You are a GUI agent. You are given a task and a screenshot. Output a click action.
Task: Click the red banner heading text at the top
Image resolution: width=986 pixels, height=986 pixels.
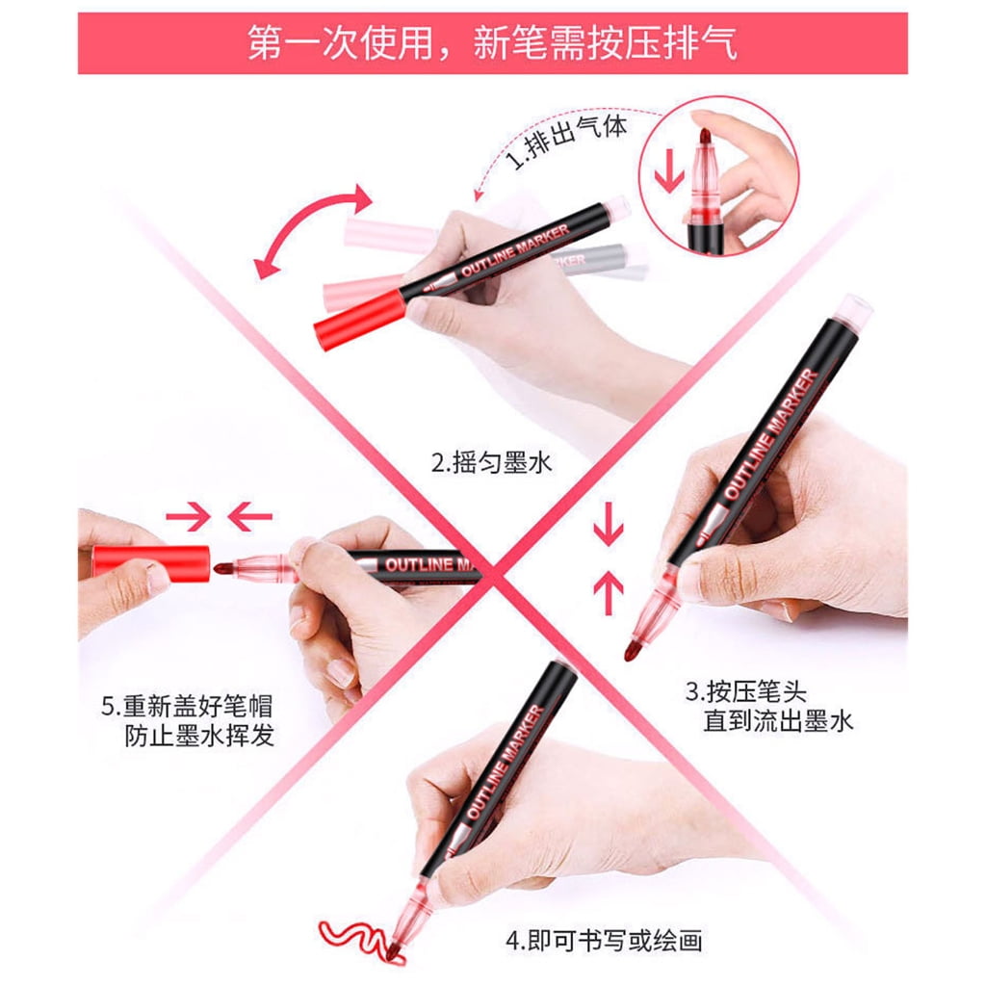pos(492,42)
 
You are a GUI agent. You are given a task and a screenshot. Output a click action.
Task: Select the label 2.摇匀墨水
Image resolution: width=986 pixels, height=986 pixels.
pos(491,463)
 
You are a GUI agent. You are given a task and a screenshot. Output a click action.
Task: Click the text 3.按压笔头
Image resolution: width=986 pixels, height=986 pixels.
pos(746,691)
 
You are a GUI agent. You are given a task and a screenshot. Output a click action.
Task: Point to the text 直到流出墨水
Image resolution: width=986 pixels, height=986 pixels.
pos(778,720)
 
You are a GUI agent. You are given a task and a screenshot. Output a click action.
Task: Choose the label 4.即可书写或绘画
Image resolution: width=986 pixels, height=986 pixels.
pos(604,941)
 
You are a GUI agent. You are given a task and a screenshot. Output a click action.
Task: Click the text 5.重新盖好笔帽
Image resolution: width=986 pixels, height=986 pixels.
pos(187,706)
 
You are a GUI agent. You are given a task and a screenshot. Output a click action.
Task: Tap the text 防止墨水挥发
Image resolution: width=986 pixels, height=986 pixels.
pos(199,735)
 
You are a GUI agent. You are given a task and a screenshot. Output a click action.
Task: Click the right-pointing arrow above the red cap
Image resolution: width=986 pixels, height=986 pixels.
pos(188,517)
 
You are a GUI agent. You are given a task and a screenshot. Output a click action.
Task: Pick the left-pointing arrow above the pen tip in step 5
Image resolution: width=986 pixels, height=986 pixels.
pos(249,517)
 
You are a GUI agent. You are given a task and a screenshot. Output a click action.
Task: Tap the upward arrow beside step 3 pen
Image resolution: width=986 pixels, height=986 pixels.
pos(609,592)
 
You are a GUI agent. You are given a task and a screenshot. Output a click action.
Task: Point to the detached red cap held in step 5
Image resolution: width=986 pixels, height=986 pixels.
pos(151,562)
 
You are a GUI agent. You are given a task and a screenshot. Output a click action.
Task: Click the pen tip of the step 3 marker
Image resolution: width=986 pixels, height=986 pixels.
pos(632,650)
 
